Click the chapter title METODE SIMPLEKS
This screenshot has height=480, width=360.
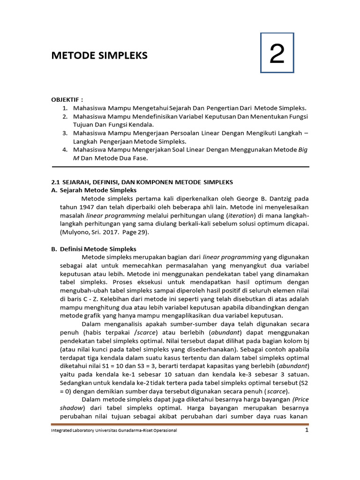99,56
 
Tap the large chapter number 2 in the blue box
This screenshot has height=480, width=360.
277,55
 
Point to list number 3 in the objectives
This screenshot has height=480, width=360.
65,133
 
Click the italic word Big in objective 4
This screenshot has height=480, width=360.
303,150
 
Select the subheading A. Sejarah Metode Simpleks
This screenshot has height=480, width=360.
94,190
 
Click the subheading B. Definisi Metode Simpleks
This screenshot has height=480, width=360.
93,249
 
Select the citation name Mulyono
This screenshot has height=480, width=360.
75,232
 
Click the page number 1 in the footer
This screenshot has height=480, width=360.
307,430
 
